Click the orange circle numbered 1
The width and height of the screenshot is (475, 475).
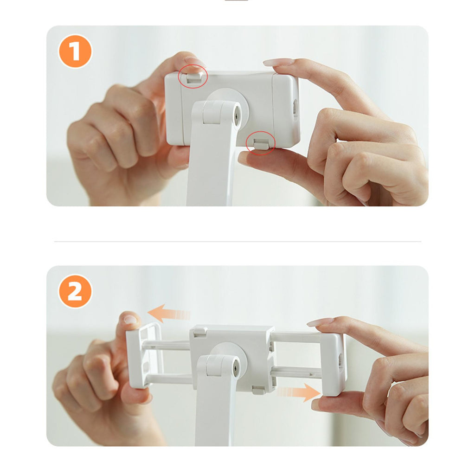[75, 51]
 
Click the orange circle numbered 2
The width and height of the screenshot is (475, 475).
[75, 291]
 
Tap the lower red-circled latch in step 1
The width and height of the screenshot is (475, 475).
[261, 143]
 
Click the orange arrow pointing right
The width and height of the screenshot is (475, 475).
[298, 392]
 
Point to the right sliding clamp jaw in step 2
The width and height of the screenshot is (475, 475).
[333, 364]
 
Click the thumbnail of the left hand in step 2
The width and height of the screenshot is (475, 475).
[130, 319]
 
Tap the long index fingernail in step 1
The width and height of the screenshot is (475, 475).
[278, 62]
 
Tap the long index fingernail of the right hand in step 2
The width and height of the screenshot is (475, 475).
[320, 321]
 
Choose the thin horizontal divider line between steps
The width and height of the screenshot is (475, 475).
[237, 241]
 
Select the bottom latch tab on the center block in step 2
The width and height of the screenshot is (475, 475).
[258, 390]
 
